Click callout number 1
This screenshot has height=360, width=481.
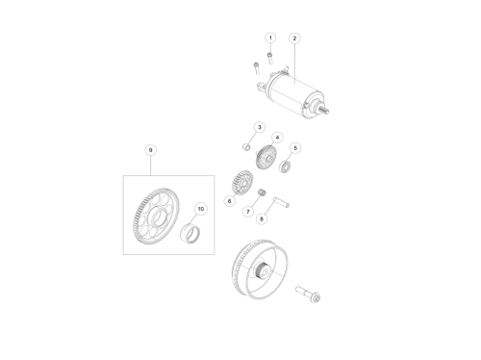[x=270, y=38]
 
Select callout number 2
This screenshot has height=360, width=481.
[x=294, y=39]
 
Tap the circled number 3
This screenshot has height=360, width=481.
[x=260, y=127]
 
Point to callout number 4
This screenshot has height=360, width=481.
[x=277, y=138]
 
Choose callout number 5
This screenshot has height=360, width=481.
[x=295, y=148]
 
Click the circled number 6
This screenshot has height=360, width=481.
[x=229, y=201]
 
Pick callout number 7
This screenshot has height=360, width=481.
[x=248, y=212]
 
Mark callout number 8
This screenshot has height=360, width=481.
[x=262, y=219]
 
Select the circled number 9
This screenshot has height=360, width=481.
[x=150, y=150]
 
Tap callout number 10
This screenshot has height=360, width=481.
[x=201, y=209]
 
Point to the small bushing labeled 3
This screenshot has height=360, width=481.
[x=246, y=147]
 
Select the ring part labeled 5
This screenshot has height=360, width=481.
[x=285, y=167]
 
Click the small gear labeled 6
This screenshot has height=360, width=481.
[x=241, y=183]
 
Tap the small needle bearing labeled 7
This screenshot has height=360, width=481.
[x=263, y=193]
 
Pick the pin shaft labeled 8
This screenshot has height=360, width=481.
[x=281, y=202]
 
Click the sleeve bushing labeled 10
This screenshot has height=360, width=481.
[x=190, y=232]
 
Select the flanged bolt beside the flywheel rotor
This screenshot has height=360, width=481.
[x=308, y=295]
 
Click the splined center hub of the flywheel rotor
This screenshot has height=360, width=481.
[x=263, y=271]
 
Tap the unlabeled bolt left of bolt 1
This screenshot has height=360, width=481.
[x=256, y=67]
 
